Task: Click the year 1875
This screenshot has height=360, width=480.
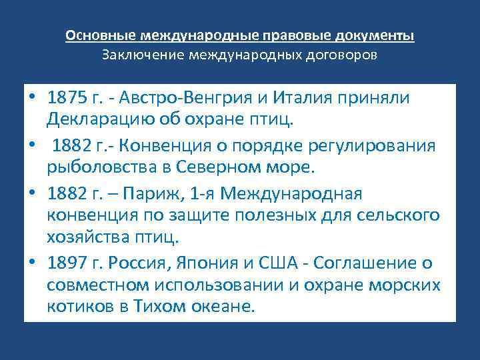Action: tap(68, 98)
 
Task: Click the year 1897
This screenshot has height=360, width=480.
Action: tap(68, 263)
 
